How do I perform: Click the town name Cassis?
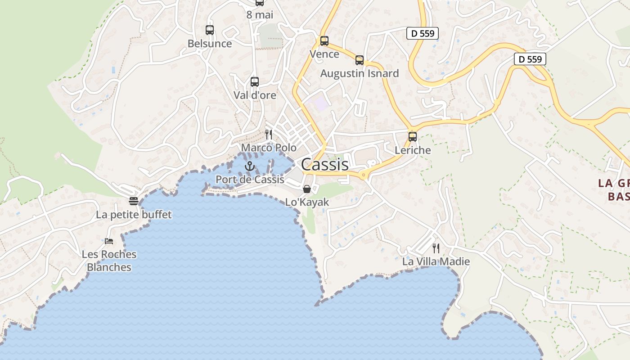tap(325, 164)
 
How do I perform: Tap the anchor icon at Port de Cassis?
tap(249, 166)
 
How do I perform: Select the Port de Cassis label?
tap(250, 179)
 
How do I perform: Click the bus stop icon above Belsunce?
tap(210, 30)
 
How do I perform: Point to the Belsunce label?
tap(210, 44)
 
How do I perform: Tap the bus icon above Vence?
tap(324, 41)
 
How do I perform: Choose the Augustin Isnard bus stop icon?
tap(359, 60)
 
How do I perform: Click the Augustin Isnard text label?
tap(359, 73)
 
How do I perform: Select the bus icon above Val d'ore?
tap(255, 82)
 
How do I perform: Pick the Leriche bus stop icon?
tap(413, 137)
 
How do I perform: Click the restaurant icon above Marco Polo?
tap(269, 134)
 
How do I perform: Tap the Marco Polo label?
tap(269, 148)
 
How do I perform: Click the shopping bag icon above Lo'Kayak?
tap(307, 189)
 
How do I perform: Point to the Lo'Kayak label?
tap(307, 202)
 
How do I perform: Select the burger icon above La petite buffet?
tap(133, 201)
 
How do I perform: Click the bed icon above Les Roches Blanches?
tap(109, 241)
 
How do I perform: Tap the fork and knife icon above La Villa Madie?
tap(436, 248)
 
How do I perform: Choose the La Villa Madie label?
tap(436, 261)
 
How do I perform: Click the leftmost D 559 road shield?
tap(422, 33)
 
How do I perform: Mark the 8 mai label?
tap(260, 15)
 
